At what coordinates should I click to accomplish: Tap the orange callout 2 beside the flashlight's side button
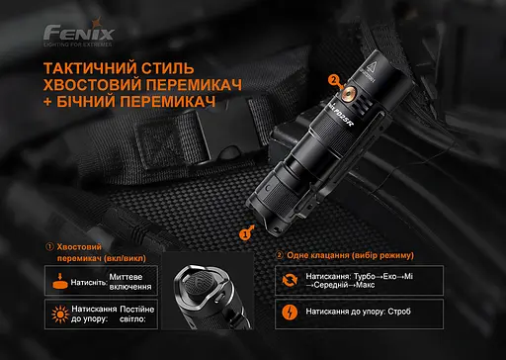[334, 81]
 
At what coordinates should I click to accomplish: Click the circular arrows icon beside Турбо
[289, 280]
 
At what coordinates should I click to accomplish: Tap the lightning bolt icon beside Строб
[289, 315]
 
